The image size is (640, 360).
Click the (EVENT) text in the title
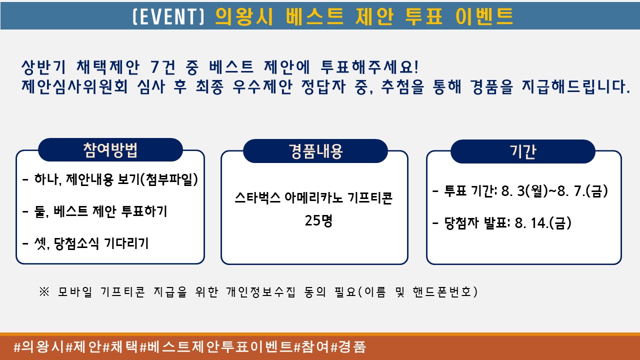[x=169, y=16]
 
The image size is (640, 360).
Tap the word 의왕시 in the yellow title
[x=244, y=16]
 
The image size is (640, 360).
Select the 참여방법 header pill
[x=110, y=149]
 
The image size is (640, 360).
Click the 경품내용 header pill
[x=315, y=151]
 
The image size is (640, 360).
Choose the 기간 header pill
[x=523, y=151]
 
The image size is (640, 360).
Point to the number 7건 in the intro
[x=163, y=67]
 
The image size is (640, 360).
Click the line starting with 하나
[x=110, y=179]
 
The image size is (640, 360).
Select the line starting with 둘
[x=94, y=211]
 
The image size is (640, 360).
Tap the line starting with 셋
[x=85, y=243]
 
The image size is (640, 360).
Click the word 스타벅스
[x=257, y=197]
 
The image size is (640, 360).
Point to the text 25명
[x=318, y=220]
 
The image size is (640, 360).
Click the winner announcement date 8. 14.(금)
[x=543, y=223]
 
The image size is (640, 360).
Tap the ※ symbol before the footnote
[x=44, y=291]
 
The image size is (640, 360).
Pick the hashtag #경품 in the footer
[x=348, y=347]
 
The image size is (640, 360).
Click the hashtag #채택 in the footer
[x=120, y=347]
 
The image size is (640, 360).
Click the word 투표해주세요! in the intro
[x=369, y=67]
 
